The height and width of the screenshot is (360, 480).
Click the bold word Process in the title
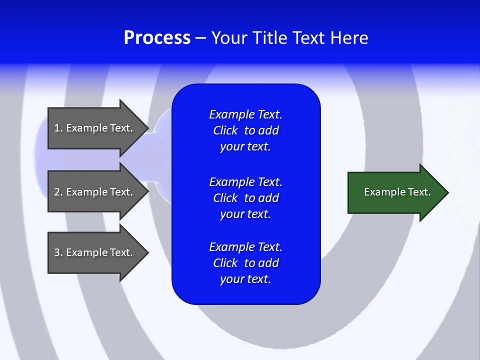[x=157, y=38]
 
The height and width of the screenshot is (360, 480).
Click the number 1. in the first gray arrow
[x=58, y=128]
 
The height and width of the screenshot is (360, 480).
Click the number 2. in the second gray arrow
[x=58, y=192]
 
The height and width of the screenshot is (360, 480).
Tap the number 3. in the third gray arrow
[x=58, y=252]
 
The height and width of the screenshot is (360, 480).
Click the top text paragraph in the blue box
[x=245, y=130]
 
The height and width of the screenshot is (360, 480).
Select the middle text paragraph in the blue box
[x=245, y=198]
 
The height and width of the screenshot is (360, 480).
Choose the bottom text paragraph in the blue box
[x=245, y=263]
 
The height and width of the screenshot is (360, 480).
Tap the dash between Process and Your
[x=200, y=38]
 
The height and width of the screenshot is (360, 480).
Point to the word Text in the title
[x=309, y=38]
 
